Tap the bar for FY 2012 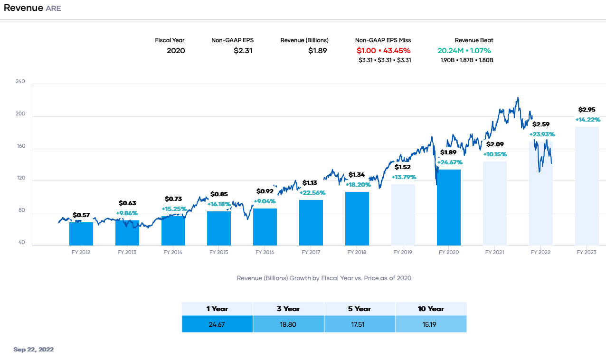(81, 234)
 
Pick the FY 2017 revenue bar (311, 223)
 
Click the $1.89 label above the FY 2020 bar (448, 152)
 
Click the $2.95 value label (587, 109)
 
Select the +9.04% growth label (265, 201)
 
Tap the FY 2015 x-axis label (219, 252)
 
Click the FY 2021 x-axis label (494, 252)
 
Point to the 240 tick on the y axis (20, 82)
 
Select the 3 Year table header (288, 309)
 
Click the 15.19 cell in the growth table (431, 324)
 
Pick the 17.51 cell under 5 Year (360, 324)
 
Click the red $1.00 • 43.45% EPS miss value (383, 50)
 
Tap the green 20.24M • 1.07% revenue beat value (464, 50)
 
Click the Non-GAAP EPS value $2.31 (243, 50)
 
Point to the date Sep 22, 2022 (34, 350)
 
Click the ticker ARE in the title (53, 9)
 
